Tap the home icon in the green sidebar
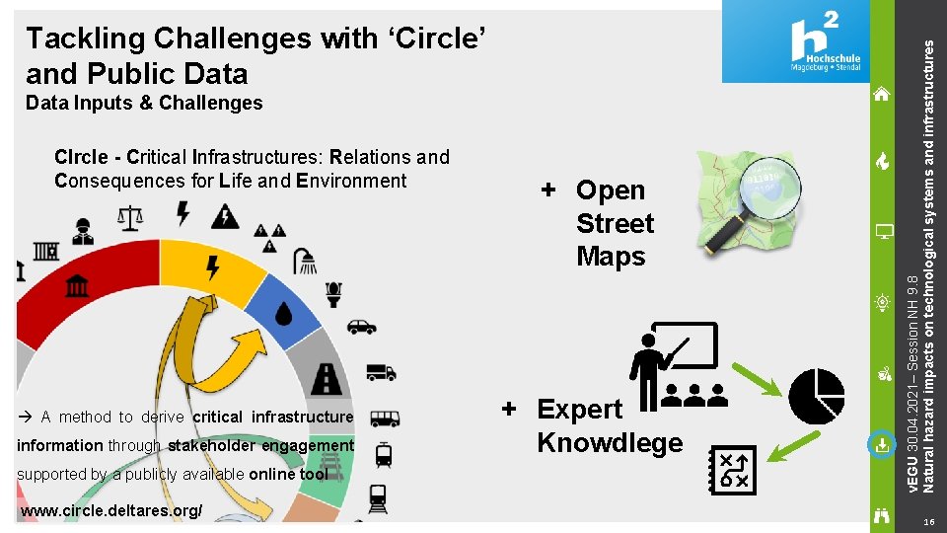[882, 94]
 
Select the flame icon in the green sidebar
[883, 162]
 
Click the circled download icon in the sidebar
[881, 445]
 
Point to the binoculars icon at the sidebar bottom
[882, 513]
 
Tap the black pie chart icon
[818, 396]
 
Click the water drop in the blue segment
[284, 313]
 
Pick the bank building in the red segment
[75, 286]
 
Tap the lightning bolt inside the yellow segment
[212, 266]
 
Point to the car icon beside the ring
[362, 327]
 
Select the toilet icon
[333, 293]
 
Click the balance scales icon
[129, 217]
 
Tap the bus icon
[384, 419]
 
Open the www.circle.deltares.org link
[111, 510]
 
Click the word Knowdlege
[610, 442]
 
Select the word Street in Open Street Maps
[615, 223]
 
